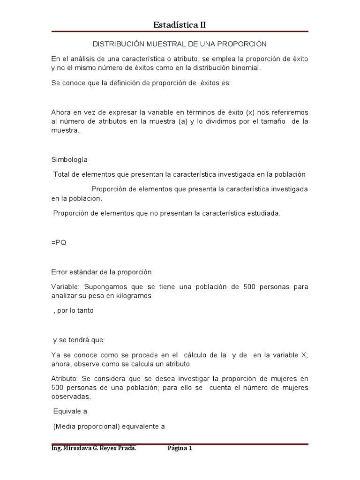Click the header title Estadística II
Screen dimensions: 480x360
point(180,25)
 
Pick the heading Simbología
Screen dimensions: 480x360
point(69,159)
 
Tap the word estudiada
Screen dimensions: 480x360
point(264,213)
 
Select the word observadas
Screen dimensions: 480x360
point(70,397)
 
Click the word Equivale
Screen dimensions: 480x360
point(67,412)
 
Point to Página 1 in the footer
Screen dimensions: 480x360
point(180,449)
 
